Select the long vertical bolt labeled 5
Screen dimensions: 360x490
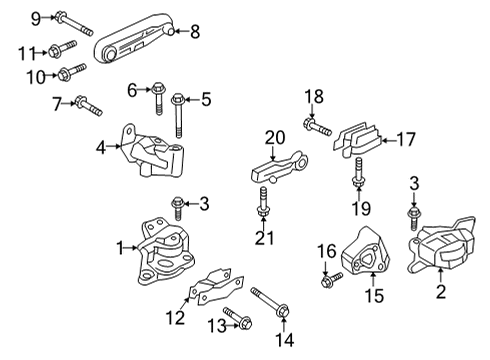[x=178, y=113]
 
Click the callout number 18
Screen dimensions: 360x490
[x=315, y=96]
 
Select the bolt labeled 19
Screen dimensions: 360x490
[x=357, y=188]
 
